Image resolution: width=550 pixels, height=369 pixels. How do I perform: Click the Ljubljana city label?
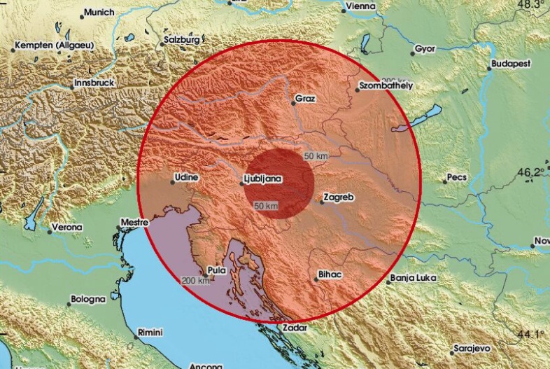coord(264,179)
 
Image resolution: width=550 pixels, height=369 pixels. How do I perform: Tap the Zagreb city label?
coord(339,198)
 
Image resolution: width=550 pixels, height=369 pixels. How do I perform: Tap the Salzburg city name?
coord(182,40)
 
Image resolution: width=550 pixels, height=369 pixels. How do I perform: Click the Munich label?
coord(99,13)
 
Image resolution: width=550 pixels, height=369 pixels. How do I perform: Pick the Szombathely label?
coord(386,85)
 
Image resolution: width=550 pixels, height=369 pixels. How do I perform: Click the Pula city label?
coord(216,270)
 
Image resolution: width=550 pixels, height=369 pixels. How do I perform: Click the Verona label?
coord(69,228)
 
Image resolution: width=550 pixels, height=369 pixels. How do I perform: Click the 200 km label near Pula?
coord(195,281)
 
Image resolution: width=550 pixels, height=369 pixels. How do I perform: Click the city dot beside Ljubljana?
coord(241,182)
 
